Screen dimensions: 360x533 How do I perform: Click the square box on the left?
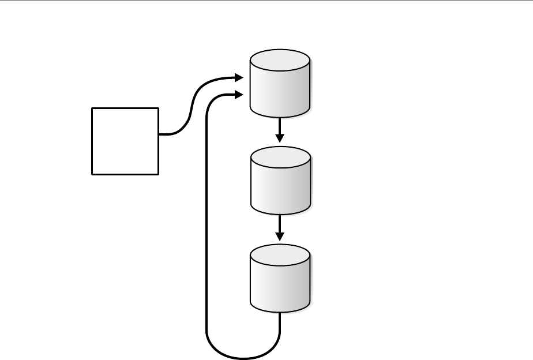125,141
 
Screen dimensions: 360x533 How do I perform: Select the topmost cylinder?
280,84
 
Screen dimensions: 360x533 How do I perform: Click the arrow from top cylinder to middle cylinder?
280,128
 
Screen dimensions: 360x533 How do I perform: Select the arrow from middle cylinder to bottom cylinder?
280,226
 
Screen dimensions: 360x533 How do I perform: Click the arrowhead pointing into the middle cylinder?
280,138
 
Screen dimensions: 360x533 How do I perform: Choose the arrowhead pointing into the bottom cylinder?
280,237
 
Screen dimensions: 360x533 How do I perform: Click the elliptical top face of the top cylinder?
280,61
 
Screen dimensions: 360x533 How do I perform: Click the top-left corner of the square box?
92,108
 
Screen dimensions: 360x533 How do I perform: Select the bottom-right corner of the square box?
158,174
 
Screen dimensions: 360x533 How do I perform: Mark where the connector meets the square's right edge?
159,134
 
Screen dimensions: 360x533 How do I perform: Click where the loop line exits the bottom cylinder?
280,314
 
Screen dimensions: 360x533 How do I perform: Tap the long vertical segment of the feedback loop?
207,219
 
